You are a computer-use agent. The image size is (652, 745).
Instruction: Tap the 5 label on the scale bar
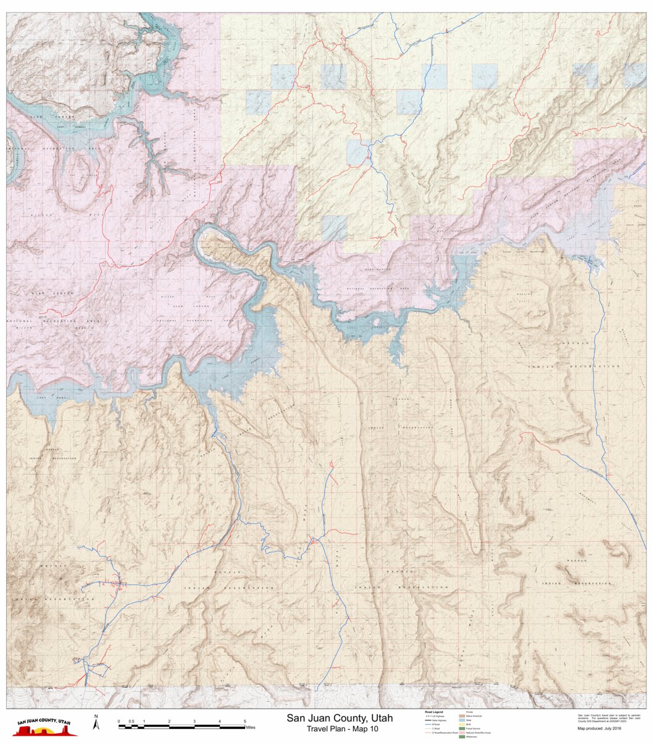coord(244,721)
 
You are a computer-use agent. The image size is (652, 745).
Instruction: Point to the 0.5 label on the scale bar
coord(131,721)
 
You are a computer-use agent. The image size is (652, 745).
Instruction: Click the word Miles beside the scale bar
coord(250,728)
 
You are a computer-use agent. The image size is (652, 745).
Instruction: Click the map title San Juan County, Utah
coord(339,718)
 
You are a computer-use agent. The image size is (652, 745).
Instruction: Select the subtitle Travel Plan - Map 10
coord(342,729)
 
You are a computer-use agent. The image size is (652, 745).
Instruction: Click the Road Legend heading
coord(433,712)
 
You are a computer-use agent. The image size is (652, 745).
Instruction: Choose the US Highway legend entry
coord(435,716)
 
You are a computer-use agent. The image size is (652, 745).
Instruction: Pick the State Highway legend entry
coord(435,720)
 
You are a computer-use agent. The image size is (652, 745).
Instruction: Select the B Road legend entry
coord(435,724)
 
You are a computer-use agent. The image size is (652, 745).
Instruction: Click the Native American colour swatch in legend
coord(461,716)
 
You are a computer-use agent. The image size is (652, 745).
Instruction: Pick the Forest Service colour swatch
coord(461,728)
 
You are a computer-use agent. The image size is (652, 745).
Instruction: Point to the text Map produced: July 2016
coord(599,728)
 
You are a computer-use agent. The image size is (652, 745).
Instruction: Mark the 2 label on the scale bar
coord(169,721)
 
